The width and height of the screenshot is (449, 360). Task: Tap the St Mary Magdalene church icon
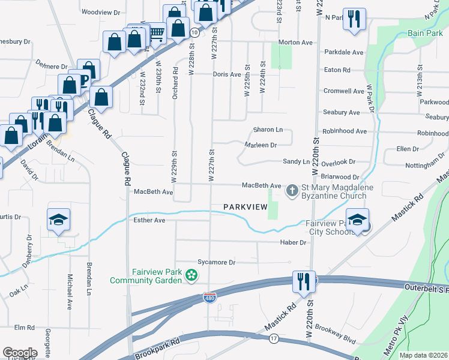[x=292, y=191]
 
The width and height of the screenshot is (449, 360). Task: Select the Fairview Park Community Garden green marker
[x=191, y=275]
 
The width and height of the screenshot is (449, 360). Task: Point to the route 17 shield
[x=274, y=339]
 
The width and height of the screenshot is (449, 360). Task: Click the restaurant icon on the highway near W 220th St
[x=303, y=281]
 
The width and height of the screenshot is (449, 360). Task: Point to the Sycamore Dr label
[x=217, y=262]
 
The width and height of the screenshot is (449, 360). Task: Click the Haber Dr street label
[x=294, y=242]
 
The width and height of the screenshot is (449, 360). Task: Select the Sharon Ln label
[x=268, y=130]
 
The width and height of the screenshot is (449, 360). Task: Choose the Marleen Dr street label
[x=261, y=145]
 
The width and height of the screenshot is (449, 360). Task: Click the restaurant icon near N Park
[x=353, y=19]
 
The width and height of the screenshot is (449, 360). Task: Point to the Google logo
[x=20, y=353]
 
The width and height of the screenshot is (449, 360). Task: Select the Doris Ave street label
[x=227, y=75]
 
